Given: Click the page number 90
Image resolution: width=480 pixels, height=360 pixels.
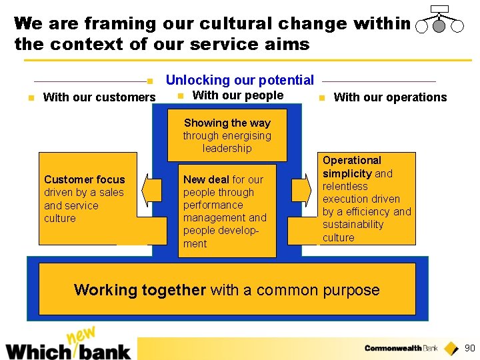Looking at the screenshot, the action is [469, 348].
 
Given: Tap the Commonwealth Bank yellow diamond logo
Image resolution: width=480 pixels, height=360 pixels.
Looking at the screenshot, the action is [451, 348].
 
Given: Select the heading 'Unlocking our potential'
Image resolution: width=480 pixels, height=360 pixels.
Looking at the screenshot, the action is [239, 80].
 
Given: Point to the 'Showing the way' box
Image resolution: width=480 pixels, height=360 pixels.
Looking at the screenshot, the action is [227, 135].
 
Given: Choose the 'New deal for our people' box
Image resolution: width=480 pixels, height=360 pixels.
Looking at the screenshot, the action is [224, 211].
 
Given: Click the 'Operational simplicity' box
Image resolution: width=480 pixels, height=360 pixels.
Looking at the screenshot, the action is [367, 199].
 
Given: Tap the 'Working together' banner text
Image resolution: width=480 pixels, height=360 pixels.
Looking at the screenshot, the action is [227, 290].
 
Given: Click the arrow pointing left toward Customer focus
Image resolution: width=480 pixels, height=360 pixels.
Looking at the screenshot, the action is [153, 189].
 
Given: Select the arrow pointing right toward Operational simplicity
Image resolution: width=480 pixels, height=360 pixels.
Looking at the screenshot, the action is [301, 189].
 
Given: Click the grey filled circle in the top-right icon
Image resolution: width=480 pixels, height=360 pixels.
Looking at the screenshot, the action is [439, 27].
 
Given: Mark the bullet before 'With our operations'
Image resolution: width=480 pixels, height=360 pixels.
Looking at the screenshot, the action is [321, 98].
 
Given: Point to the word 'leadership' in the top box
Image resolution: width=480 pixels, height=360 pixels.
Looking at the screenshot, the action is [227, 148].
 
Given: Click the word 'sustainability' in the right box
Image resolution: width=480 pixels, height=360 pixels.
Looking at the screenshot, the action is [353, 225].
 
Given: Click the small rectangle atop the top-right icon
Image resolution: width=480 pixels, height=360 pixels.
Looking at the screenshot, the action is [439, 9].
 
